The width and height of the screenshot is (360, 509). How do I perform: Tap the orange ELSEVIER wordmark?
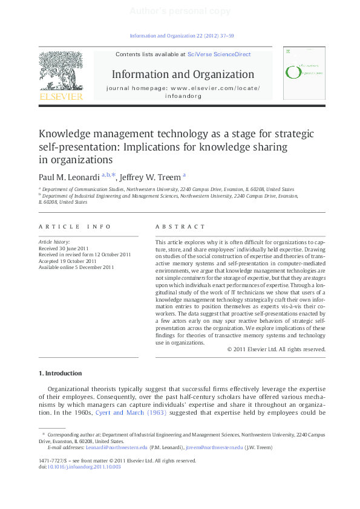[61, 96]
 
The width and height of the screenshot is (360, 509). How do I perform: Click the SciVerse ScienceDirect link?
[219, 54]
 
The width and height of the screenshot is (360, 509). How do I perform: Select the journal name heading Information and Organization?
[183, 74]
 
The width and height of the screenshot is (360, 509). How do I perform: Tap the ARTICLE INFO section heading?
[74, 227]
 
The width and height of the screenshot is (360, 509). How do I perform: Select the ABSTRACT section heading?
[180, 227]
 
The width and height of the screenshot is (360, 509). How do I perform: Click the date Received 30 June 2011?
[63, 248]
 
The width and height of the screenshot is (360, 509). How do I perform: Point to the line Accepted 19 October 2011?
[67, 261]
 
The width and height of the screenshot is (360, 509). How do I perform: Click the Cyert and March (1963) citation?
[131, 413]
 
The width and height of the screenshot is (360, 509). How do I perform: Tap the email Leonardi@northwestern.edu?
[116, 447]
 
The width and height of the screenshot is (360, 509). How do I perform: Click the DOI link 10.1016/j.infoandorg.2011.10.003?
[84, 467]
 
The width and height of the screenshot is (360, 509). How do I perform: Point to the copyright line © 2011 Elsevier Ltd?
[301, 349]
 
